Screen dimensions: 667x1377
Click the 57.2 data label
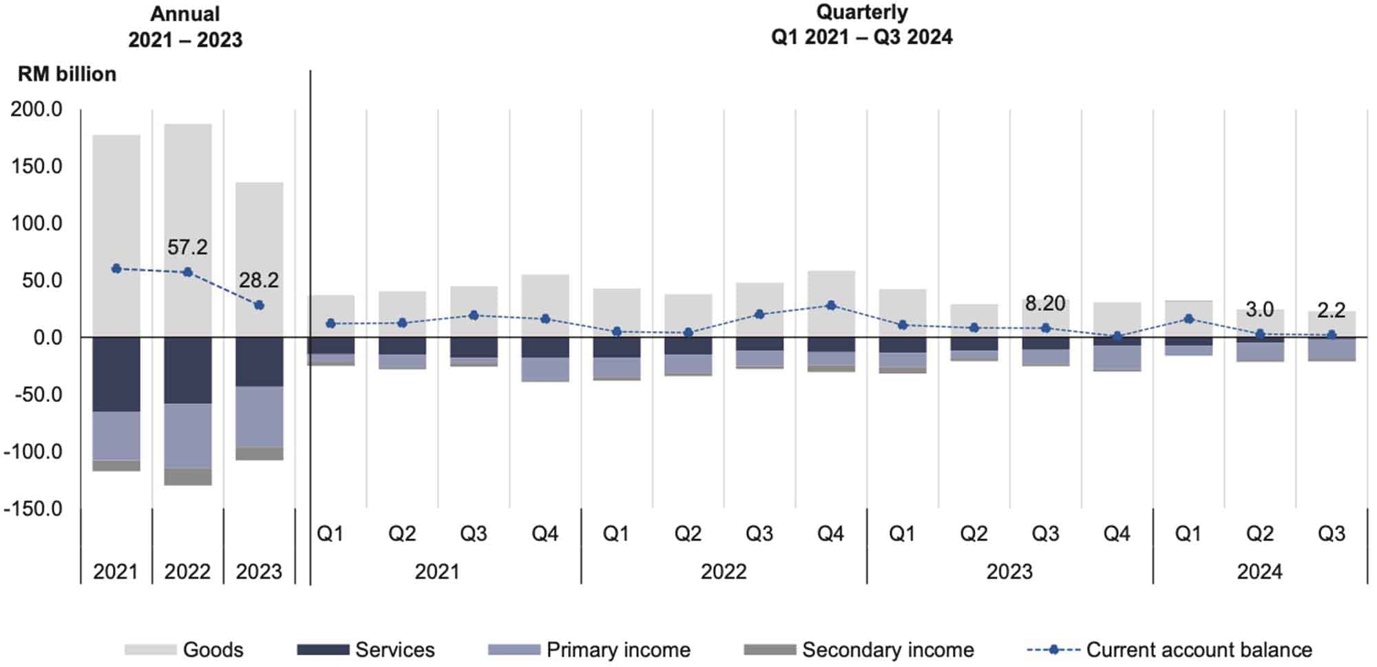coord(187,247)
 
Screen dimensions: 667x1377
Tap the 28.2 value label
coord(259,280)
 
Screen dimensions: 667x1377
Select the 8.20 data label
coord(1044,304)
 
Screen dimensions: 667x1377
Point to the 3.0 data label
coord(1259,310)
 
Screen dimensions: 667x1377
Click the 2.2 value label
coord(1331,310)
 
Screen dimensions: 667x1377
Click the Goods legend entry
coord(213,650)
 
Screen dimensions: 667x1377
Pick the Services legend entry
coord(395,650)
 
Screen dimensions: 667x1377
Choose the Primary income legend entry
coord(618,650)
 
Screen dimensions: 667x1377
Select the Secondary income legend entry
coord(887,650)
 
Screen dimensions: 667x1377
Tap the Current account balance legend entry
coord(1199,650)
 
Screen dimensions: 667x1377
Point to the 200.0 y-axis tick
coord(36,109)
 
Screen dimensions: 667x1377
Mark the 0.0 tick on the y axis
coord(43,337)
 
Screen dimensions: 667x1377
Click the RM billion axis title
coord(67,74)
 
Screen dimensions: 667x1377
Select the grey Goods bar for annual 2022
coord(188,231)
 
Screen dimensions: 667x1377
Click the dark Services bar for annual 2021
coord(116,374)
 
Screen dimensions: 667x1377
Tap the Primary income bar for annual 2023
coord(260,416)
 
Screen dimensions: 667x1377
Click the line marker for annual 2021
coord(116,268)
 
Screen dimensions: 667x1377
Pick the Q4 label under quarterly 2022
coord(830,533)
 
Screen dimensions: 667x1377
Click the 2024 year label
coord(1259,571)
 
